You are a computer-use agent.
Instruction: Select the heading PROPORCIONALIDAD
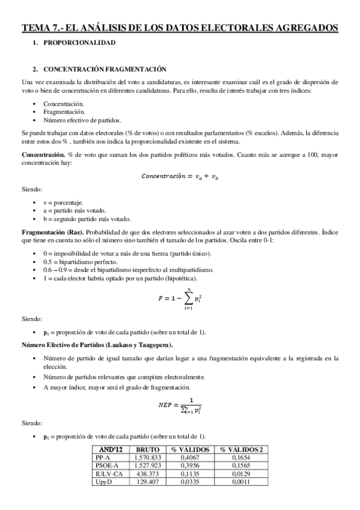point(79,43)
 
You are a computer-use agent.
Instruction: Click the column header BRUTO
point(147,449)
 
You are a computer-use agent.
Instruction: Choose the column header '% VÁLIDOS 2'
point(241,449)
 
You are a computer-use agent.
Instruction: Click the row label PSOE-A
point(108,465)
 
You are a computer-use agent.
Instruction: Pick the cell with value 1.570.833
point(147,458)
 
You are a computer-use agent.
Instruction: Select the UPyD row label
point(105,482)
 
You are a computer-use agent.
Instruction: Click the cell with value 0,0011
point(241,482)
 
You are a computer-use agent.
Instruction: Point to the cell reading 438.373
point(147,474)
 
